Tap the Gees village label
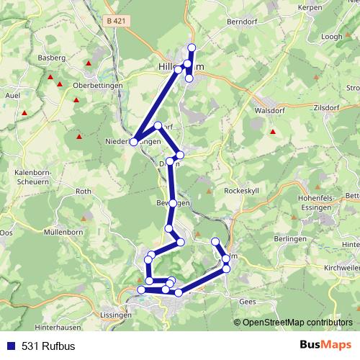248,302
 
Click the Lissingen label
116,315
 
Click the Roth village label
84,192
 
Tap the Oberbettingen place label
98,84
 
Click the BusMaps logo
325,345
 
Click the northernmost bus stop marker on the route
192,48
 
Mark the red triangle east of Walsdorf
273,132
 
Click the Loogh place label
333,35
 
